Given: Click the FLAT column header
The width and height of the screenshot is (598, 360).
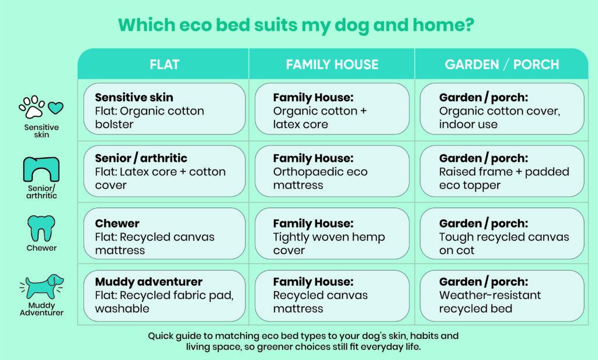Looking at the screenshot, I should click(x=164, y=64).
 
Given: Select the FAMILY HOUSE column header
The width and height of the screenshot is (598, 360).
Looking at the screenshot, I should click(x=332, y=64).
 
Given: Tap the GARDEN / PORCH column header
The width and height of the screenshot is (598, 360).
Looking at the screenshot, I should click(x=502, y=64).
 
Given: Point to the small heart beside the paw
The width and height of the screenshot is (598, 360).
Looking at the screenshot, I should click(x=55, y=109).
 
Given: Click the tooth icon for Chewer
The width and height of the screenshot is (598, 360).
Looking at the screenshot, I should click(x=41, y=229).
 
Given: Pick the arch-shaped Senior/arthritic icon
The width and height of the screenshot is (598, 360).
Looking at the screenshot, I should click(x=41, y=169).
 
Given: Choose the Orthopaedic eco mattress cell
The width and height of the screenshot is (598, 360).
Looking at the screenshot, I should click(x=332, y=171).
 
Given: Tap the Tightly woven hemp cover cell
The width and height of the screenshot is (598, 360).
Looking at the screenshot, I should click(x=332, y=237).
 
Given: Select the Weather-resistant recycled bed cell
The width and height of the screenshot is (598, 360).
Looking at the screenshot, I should click(x=502, y=295).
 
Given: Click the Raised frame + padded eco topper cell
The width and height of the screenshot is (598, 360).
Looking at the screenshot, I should click(x=502, y=171).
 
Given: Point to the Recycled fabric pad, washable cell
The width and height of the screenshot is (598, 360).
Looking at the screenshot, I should click(x=164, y=295).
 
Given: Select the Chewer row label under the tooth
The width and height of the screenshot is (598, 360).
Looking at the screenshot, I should click(x=41, y=248).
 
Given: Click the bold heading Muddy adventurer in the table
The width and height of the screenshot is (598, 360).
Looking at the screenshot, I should click(x=148, y=282).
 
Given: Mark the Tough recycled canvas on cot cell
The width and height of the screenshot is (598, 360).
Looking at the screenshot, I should click(x=502, y=237).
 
